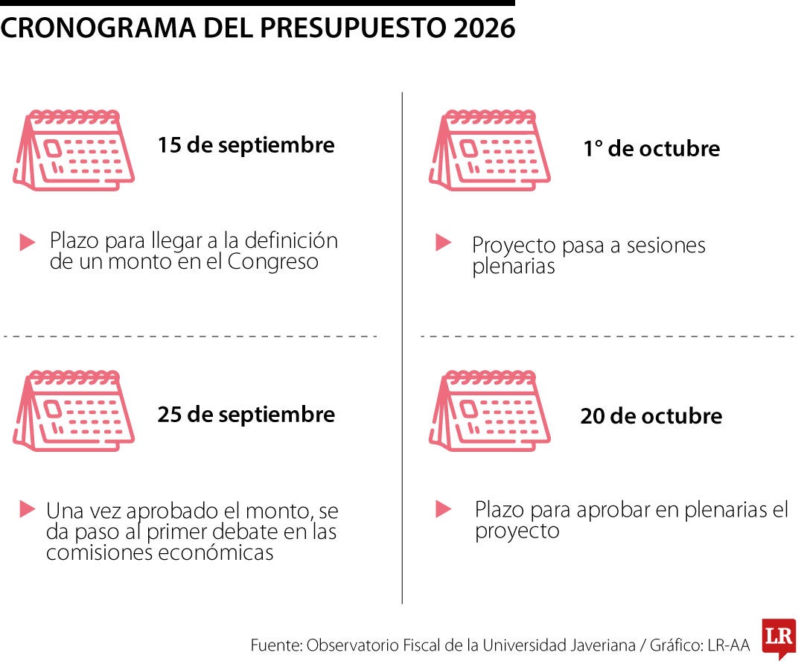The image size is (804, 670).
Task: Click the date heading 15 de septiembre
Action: coord(246,144)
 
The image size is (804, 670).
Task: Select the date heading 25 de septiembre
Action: coord(246,414)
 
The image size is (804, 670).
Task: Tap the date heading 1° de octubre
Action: coord(651,148)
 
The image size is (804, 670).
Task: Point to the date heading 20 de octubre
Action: coord(651,415)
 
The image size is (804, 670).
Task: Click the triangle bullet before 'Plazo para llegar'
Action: coord(28,242)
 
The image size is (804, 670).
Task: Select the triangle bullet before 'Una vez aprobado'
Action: coord(28,509)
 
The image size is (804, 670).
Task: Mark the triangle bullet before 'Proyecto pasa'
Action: coord(444,242)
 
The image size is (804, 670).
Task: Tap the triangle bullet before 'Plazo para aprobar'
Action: coord(444,509)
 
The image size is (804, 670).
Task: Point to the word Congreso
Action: coord(273,262)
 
